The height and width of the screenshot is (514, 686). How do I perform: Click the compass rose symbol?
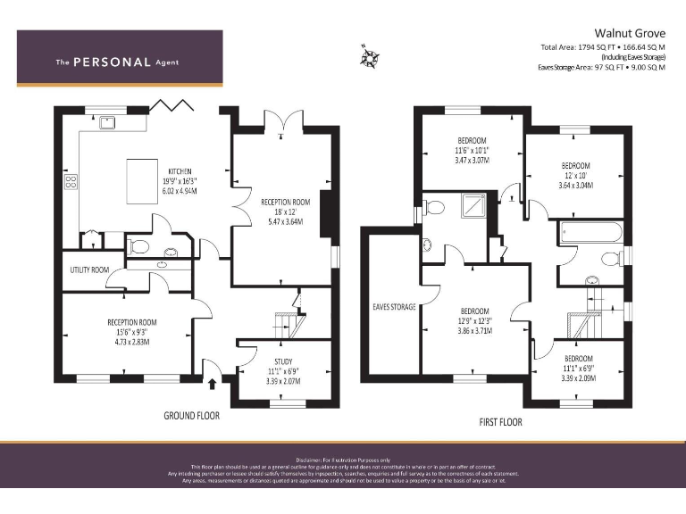click(x=371, y=56)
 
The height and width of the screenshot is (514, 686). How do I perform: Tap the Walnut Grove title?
click(x=629, y=29)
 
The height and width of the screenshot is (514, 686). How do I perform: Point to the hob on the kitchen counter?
click(x=71, y=183)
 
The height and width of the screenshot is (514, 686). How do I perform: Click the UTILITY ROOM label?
click(x=89, y=269)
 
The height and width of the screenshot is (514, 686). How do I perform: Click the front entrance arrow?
click(x=213, y=385)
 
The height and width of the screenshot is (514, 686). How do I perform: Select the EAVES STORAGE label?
click(x=394, y=306)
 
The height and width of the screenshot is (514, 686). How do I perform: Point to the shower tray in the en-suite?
click(x=470, y=207)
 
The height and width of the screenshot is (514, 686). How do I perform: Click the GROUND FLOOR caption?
click(x=191, y=416)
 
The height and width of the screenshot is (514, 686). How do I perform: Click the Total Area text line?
click(x=602, y=46)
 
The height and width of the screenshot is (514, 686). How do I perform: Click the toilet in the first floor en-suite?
click(x=434, y=207)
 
